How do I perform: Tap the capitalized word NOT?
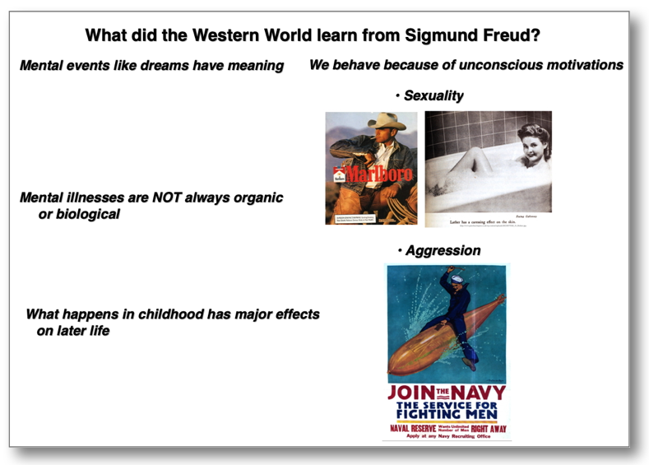[x=161, y=198]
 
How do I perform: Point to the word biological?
[x=88, y=215]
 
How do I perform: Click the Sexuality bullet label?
[x=433, y=96]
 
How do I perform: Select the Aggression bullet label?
[x=443, y=250]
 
